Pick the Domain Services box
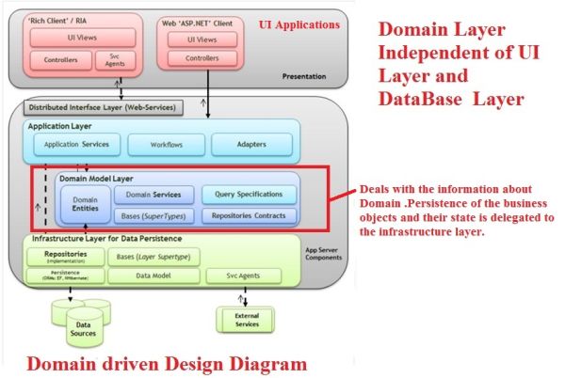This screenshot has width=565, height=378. [x=153, y=195]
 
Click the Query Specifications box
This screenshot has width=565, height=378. [x=249, y=195]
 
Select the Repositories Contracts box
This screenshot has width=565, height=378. [x=249, y=215]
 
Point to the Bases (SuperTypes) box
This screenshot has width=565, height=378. [x=153, y=215]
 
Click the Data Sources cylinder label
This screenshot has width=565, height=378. [x=83, y=328]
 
